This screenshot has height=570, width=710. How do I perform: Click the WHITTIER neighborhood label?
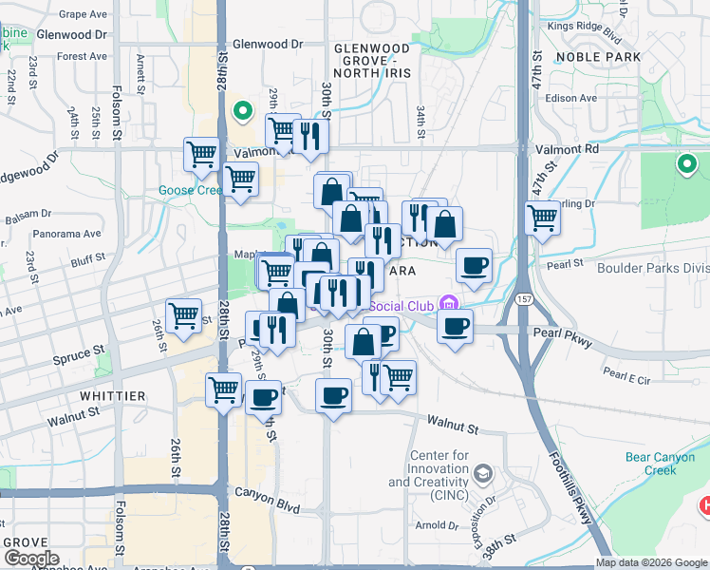(112, 395)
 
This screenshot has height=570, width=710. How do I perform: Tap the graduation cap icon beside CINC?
(483, 473)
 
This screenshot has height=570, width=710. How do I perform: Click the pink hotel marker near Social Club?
(448, 305)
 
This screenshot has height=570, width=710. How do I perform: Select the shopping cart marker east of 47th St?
(542, 218)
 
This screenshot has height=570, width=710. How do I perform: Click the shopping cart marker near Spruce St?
(183, 315)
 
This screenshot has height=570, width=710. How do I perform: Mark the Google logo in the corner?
(31, 558)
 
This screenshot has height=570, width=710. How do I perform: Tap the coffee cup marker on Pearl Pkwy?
(455, 328)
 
